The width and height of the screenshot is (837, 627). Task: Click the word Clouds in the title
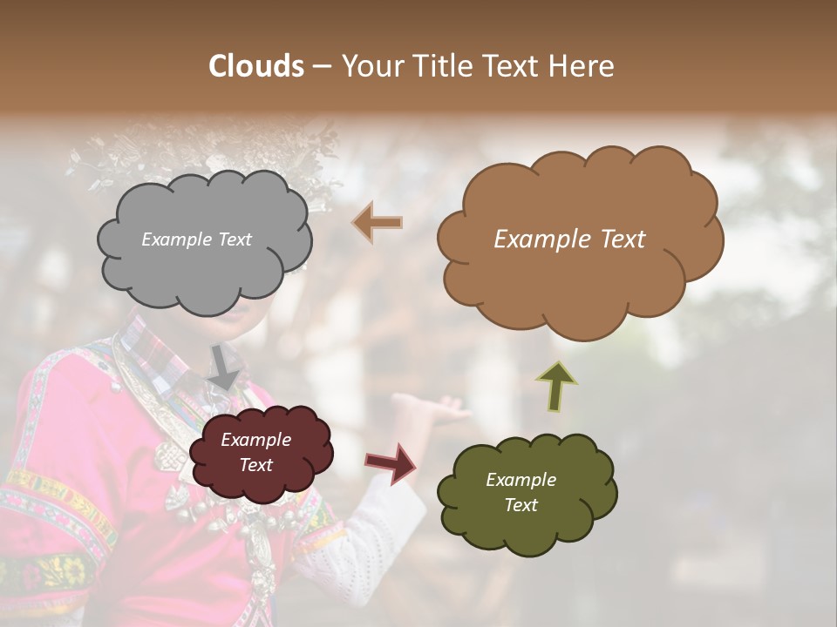pyautogui.click(x=256, y=66)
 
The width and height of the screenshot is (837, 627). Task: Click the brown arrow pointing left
pyautogui.click(x=378, y=223)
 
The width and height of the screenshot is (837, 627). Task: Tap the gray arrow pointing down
pyautogui.click(x=224, y=367)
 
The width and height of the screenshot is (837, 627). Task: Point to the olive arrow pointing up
pyautogui.click(x=555, y=386)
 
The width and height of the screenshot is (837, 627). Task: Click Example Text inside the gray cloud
pyautogui.click(x=196, y=239)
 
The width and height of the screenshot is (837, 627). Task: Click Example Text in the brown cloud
pyautogui.click(x=569, y=239)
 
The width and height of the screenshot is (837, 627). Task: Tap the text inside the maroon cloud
pyautogui.click(x=255, y=453)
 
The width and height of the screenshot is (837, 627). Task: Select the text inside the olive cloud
pyautogui.click(x=521, y=492)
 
